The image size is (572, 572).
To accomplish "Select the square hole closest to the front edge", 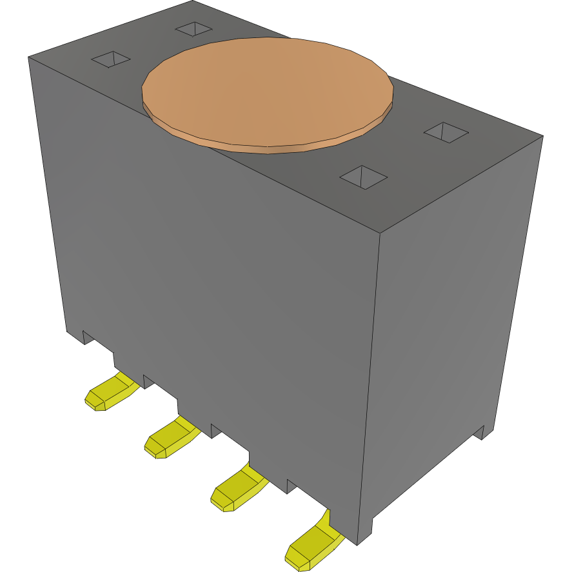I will (364, 177).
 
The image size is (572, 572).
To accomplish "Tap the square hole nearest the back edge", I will (193, 28).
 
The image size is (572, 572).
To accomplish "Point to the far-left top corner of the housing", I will (29, 57).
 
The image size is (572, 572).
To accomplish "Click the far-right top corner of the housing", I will (542, 136).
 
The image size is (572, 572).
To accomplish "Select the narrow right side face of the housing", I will (451, 322).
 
